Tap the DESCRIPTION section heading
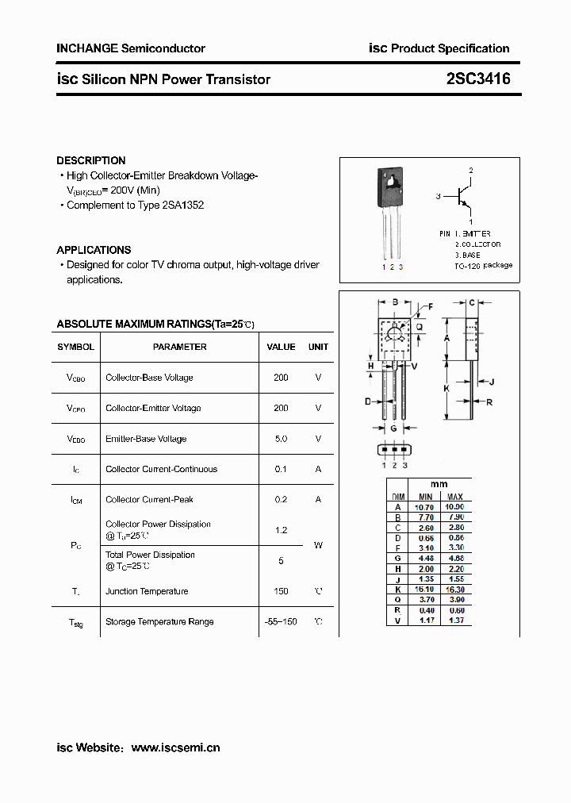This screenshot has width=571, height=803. point(91,160)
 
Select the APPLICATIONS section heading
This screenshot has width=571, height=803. point(94,250)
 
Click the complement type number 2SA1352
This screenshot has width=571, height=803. point(182,205)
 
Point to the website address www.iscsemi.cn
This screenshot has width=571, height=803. point(175,747)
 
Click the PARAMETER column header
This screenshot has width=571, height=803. point(179,347)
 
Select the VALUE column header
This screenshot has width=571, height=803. point(281,347)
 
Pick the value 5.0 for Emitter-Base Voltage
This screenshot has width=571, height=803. point(281,439)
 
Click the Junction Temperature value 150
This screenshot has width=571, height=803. point(281,591)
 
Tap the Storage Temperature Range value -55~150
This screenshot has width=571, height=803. point(281,622)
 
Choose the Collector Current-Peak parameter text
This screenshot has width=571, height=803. point(149,500)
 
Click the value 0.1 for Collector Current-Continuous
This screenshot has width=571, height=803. point(281,469)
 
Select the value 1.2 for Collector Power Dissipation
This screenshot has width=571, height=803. point(281,530)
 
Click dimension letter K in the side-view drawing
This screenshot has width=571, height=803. point(446,389)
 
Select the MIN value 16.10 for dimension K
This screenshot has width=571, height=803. point(425,590)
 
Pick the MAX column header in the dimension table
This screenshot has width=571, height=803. point(454,496)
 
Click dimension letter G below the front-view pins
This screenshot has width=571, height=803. point(393,428)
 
